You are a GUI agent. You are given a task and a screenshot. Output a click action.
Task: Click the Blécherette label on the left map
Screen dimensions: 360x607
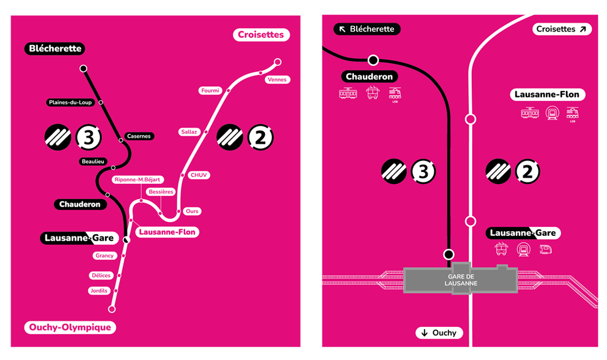click(55, 48)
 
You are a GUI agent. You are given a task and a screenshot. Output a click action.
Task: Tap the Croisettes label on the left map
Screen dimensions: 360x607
click(261, 35)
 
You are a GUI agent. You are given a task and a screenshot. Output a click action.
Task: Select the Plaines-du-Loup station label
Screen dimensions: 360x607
click(70, 102)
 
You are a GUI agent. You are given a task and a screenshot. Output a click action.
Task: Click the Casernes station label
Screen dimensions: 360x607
click(138, 136)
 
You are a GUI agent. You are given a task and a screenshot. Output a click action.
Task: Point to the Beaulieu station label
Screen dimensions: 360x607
click(93, 161)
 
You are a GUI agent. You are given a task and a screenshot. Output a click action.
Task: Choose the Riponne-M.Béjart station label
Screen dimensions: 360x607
click(137, 179)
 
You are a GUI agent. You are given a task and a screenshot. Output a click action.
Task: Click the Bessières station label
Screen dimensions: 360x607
click(161, 192)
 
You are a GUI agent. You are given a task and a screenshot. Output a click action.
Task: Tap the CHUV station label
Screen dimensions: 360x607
click(200, 175)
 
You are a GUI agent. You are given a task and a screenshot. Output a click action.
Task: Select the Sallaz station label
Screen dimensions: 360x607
click(189, 132)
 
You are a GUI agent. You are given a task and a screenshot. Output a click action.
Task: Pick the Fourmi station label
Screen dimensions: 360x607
click(210, 91)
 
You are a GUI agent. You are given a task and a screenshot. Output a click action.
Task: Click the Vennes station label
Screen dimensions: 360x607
click(277, 80)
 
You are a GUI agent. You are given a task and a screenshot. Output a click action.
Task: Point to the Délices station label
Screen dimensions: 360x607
click(101, 275)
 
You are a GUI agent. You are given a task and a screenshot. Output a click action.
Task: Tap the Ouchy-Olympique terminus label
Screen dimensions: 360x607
click(70, 327)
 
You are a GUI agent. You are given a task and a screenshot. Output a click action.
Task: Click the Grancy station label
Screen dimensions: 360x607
click(104, 256)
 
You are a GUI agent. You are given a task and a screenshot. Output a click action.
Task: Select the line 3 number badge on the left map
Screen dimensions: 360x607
click(89, 137)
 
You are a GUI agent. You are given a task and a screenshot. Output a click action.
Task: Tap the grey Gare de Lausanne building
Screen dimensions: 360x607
click(461, 280)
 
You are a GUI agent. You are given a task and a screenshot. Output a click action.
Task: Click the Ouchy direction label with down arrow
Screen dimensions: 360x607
click(439, 333)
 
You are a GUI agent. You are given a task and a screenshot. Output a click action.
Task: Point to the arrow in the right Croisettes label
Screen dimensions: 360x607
click(583, 29)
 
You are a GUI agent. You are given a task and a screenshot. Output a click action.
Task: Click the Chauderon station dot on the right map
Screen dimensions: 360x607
click(373, 60)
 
